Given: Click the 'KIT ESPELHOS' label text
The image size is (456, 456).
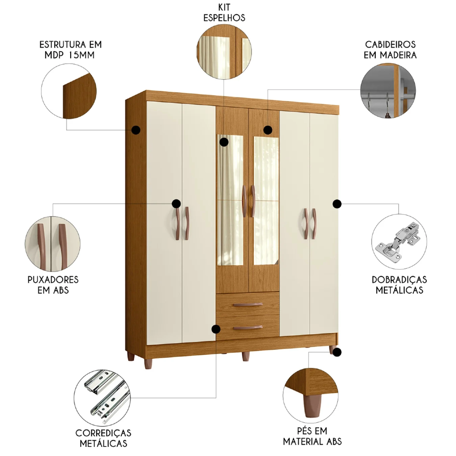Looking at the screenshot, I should tap(224, 13).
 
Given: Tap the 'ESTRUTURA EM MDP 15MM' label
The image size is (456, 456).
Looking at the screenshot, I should tap(70, 50).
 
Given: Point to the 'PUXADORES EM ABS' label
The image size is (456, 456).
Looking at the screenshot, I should tap(53, 285).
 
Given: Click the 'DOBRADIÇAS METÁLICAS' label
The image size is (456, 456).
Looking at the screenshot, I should tap(399, 285).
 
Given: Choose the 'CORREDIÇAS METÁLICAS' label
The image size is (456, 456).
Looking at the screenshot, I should tap(103, 437).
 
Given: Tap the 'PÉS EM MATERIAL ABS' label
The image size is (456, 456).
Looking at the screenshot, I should tap(312, 435).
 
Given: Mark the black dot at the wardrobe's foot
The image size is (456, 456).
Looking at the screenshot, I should tap(337, 352).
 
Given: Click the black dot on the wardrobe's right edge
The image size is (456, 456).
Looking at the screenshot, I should tap(337, 204).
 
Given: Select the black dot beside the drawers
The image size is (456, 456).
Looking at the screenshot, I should tap(217, 329).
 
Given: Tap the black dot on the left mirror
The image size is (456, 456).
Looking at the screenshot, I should tap(223, 142).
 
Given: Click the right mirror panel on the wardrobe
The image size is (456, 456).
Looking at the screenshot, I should tap(266, 201).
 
